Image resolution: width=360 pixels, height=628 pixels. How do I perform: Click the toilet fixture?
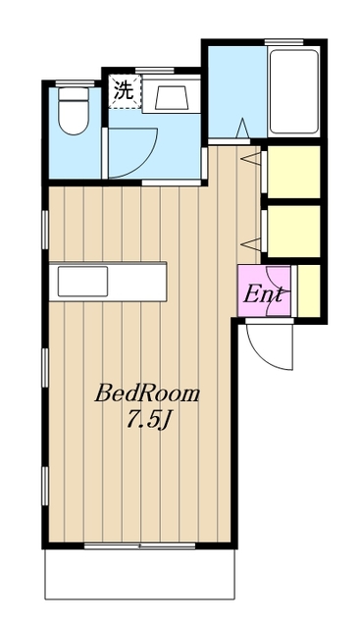click(x=74, y=111)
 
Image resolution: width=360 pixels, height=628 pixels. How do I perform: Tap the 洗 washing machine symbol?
click(x=125, y=91)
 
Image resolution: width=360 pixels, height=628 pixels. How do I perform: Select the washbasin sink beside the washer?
click(x=172, y=96)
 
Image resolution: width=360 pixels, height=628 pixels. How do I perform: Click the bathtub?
click(x=294, y=91)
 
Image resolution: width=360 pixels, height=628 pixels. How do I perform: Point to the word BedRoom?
click(x=146, y=393)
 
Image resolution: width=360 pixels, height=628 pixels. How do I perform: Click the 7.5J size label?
click(x=147, y=420)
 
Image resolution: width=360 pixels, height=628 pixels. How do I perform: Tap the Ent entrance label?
click(x=263, y=294)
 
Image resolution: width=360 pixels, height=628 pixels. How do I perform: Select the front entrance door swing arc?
click(x=268, y=347)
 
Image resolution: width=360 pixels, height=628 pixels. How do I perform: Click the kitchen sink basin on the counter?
click(x=82, y=282)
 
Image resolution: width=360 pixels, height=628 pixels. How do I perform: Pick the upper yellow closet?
click(x=293, y=172)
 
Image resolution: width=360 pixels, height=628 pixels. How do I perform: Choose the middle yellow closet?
click(x=293, y=232)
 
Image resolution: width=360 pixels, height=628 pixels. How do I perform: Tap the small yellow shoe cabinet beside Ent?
click(x=309, y=290)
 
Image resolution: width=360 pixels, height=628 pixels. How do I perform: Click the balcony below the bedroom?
click(x=139, y=574)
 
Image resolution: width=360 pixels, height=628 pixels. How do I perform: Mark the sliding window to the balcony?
click(x=139, y=546)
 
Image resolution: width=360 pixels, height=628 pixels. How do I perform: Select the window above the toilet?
click(x=75, y=83)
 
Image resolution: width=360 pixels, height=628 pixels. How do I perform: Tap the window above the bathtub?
click(x=283, y=41)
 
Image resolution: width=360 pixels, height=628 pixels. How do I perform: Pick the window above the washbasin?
click(x=155, y=71)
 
